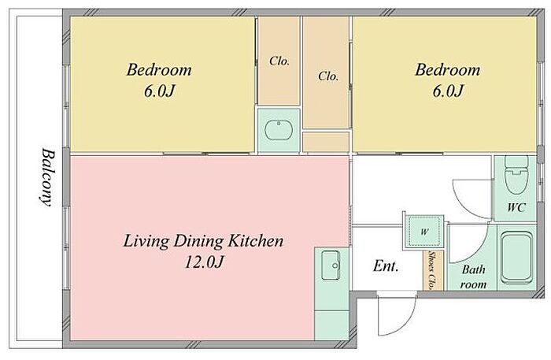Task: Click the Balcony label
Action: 46,177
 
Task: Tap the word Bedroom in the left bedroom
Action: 159,69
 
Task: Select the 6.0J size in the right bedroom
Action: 447,91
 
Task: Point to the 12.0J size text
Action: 204,262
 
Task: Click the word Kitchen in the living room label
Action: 256,241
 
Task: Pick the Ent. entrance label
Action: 386,265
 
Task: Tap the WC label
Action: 516,207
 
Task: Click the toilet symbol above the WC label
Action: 516,175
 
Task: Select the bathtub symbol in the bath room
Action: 516,258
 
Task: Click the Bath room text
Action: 473,276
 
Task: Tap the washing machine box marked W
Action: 424,231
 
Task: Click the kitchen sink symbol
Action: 331,265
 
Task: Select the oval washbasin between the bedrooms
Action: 279,131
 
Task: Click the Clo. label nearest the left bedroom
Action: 279,61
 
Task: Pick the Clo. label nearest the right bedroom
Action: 328,76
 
